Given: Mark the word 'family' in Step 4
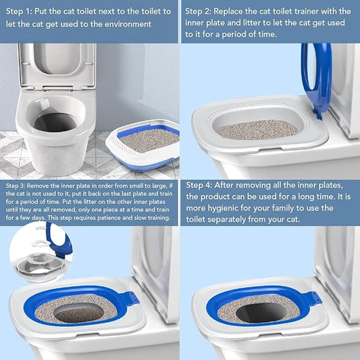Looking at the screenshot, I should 293,208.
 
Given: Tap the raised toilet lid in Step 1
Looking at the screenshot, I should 57,64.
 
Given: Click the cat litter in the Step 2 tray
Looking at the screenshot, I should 257,129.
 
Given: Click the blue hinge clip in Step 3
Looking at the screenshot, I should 131,298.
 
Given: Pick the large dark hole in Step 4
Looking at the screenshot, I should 259,312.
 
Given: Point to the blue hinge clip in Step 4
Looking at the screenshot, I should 313,298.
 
